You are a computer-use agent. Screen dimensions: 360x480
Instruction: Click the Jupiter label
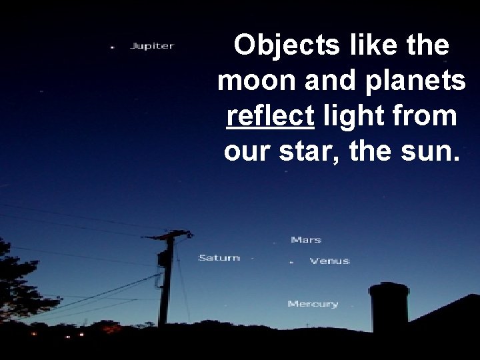click(x=152, y=46)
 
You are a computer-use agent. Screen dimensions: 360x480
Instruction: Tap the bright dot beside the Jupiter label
click(x=112, y=47)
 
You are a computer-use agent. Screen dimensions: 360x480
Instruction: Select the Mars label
click(x=306, y=239)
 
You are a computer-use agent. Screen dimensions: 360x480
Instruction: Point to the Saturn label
click(x=219, y=257)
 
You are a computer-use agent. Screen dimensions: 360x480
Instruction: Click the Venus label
click(x=329, y=261)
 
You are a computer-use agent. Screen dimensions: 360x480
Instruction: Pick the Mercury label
click(x=313, y=304)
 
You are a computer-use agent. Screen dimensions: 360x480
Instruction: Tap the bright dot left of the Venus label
click(x=291, y=263)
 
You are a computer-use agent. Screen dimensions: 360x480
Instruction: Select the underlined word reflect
click(x=270, y=116)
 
